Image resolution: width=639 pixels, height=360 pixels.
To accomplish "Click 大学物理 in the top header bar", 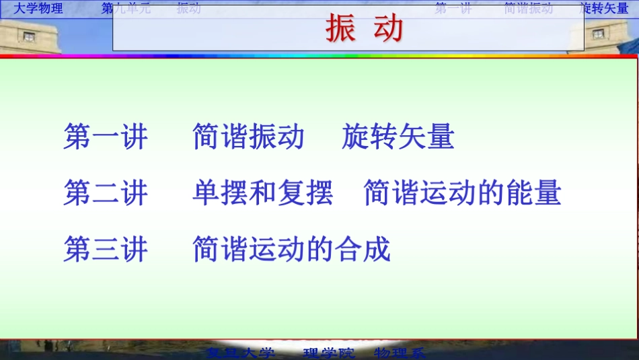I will click(x=38, y=9).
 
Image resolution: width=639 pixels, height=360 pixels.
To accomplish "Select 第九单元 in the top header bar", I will click(x=126, y=9).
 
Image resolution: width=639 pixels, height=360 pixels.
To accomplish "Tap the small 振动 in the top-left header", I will click(x=188, y=9).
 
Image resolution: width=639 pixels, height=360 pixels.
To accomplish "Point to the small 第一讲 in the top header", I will click(x=453, y=9).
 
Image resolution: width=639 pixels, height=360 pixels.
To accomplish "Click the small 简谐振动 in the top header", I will click(x=529, y=9).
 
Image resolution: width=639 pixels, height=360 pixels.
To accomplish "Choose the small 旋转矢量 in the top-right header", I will click(x=604, y=9).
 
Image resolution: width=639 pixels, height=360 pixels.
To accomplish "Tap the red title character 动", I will click(x=389, y=29).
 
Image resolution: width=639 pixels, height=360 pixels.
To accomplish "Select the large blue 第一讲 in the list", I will click(x=106, y=137).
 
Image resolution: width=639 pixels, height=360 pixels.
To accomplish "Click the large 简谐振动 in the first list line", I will click(x=248, y=137).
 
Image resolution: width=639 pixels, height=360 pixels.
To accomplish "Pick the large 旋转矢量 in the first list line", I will click(x=398, y=137).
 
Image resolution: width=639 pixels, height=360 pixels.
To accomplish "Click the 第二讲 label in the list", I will click(x=106, y=194).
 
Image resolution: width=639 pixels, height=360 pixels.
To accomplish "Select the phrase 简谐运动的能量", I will click(x=463, y=194).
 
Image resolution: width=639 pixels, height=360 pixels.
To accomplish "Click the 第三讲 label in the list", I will click(x=106, y=250).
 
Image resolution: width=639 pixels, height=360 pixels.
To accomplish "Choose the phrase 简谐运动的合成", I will click(x=291, y=250).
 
